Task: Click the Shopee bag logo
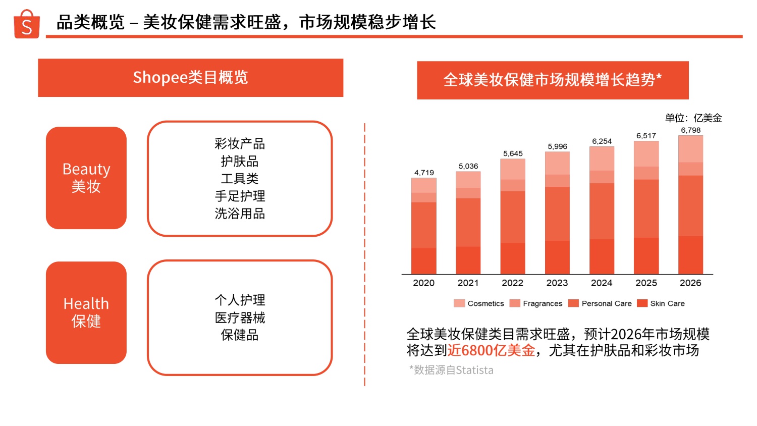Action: click(x=26, y=24)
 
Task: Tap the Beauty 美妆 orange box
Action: click(x=86, y=178)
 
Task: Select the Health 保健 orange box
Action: click(x=86, y=312)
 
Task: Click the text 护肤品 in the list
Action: click(x=240, y=161)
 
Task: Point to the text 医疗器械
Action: click(x=240, y=317)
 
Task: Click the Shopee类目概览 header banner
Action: click(x=190, y=78)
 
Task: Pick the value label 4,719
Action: click(x=424, y=173)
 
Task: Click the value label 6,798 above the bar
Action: click(x=690, y=130)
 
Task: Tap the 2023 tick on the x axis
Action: click(x=557, y=283)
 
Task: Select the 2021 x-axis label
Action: click(x=468, y=283)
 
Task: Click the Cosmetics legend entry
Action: click(x=479, y=303)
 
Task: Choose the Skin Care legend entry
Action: click(x=661, y=303)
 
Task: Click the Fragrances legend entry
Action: click(x=536, y=303)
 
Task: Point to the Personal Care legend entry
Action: click(x=600, y=303)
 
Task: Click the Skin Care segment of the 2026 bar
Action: click(x=690, y=255)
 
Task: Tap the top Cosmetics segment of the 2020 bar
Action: click(x=424, y=185)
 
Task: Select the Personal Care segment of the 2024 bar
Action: click(x=602, y=211)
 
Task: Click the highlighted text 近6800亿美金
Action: click(x=491, y=350)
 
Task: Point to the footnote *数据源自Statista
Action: click(x=451, y=370)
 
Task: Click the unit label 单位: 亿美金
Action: click(x=693, y=118)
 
